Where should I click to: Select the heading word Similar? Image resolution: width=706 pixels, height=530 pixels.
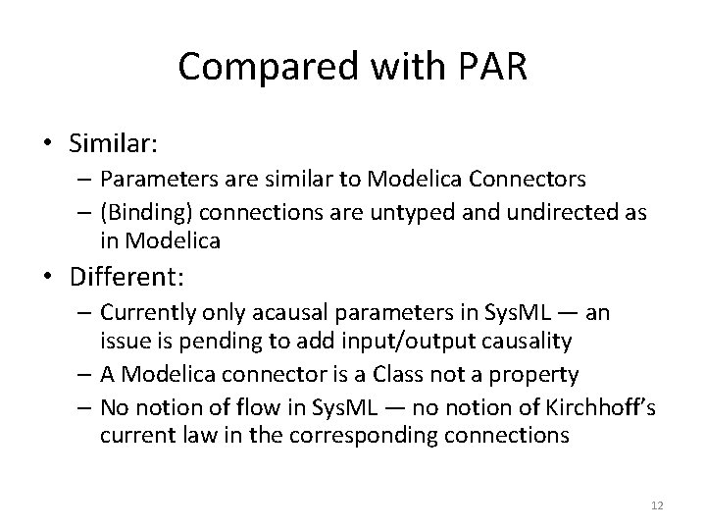click(113, 143)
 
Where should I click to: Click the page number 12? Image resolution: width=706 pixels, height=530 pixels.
click(655, 503)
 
